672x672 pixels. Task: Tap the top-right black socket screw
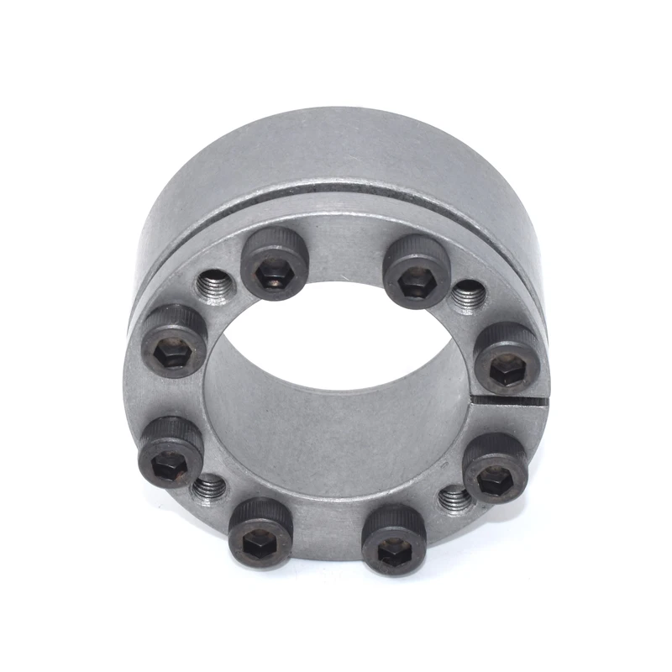(x=416, y=271)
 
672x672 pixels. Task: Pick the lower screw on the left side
(x=171, y=452)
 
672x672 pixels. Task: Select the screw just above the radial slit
(x=507, y=357)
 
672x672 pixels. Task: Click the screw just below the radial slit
(x=494, y=468)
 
